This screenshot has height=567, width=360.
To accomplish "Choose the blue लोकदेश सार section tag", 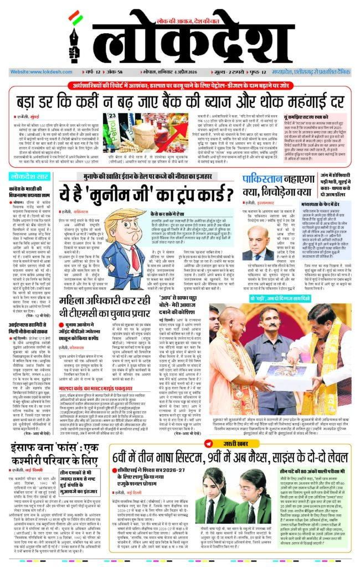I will (x=31, y=176).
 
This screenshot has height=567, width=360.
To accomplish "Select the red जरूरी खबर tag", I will (x=235, y=443).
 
